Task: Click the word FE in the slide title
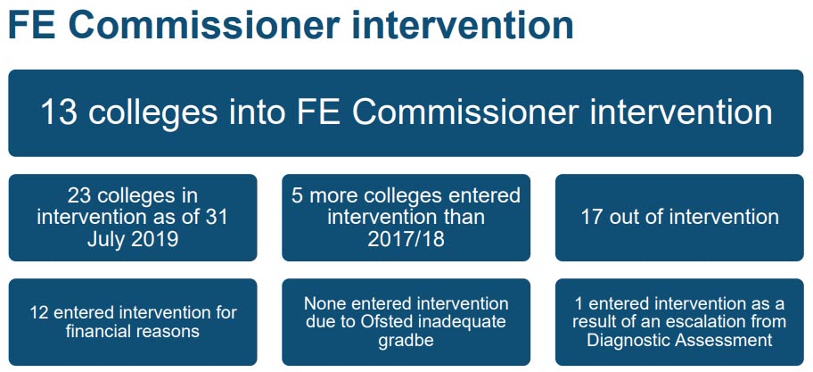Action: click(31, 25)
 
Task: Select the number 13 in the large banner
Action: click(59, 112)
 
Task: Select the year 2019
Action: click(153, 239)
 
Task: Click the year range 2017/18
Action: click(406, 239)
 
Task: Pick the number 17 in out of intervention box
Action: click(590, 217)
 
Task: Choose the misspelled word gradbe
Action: click(406, 341)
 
